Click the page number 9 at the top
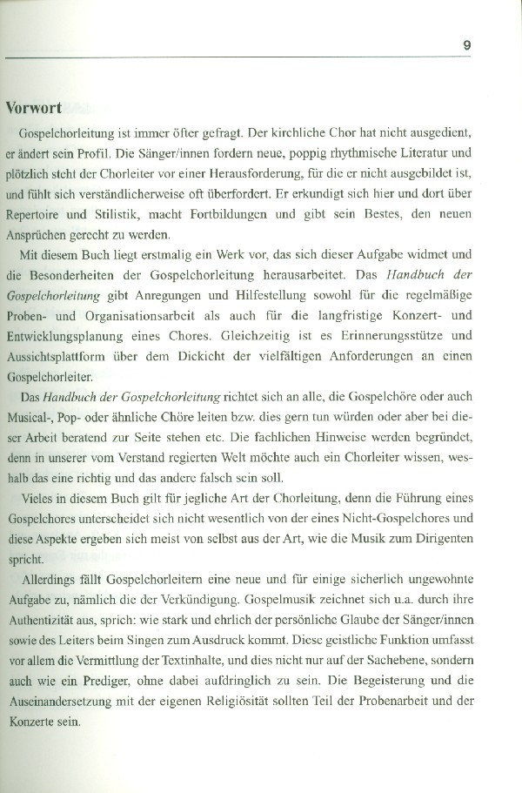pos(467,44)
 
